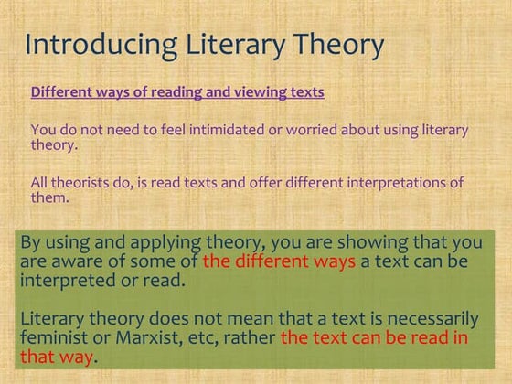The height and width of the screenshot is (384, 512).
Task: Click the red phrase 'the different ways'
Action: pos(279,261)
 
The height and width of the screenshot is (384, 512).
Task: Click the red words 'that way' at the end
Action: pos(57,356)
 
